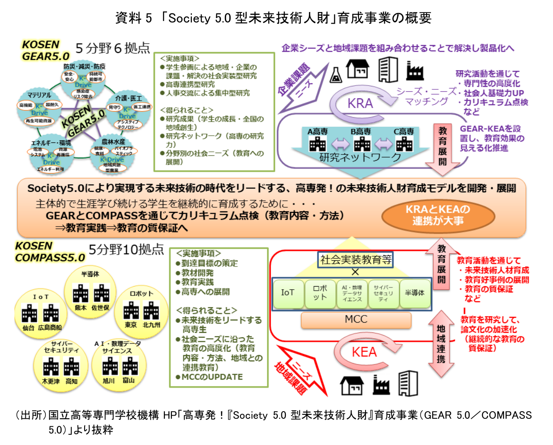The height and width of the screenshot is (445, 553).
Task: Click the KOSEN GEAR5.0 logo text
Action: click(46, 50)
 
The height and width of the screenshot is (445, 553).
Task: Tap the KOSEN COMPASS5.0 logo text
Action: click(49, 252)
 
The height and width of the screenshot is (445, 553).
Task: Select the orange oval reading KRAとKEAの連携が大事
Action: click(438, 215)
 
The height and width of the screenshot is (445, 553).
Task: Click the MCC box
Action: click(356, 320)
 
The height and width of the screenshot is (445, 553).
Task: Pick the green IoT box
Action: click(288, 293)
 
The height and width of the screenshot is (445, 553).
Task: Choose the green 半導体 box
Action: click(415, 293)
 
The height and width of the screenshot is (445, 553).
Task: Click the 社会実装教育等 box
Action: click(356, 260)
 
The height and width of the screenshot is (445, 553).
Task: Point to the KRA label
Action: click(360, 103)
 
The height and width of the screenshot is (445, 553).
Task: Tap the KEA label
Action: click(364, 352)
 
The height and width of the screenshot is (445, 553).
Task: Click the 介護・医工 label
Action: click(128, 98)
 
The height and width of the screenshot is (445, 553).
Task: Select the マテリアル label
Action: click(39, 95)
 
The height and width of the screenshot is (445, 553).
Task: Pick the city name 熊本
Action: click(81, 308)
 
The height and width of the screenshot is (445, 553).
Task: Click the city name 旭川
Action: click(109, 381)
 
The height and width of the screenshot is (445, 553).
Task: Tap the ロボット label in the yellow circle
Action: click(141, 294)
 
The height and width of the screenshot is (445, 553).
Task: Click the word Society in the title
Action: click(189, 18)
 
